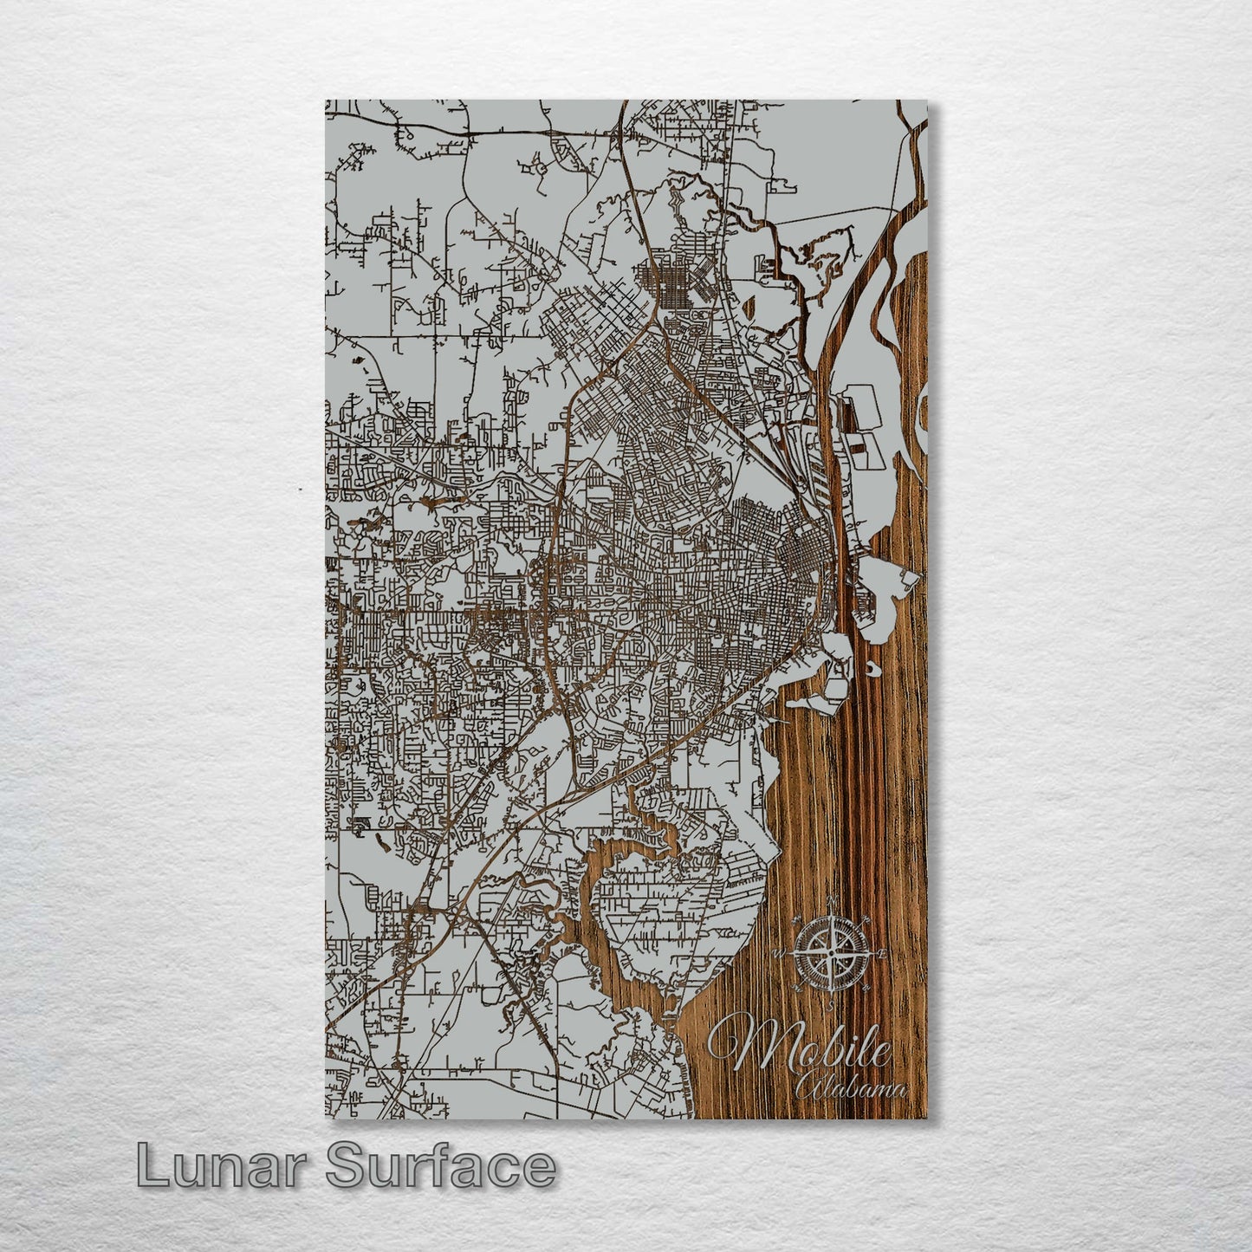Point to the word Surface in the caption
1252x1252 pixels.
tap(440, 1166)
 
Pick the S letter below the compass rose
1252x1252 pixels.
tap(831, 1006)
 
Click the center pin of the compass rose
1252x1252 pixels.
tap(831, 953)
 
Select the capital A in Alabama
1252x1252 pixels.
tap(809, 1088)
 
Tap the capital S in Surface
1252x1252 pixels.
tap(346, 1166)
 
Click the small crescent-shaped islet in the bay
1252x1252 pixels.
tap(870, 670)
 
